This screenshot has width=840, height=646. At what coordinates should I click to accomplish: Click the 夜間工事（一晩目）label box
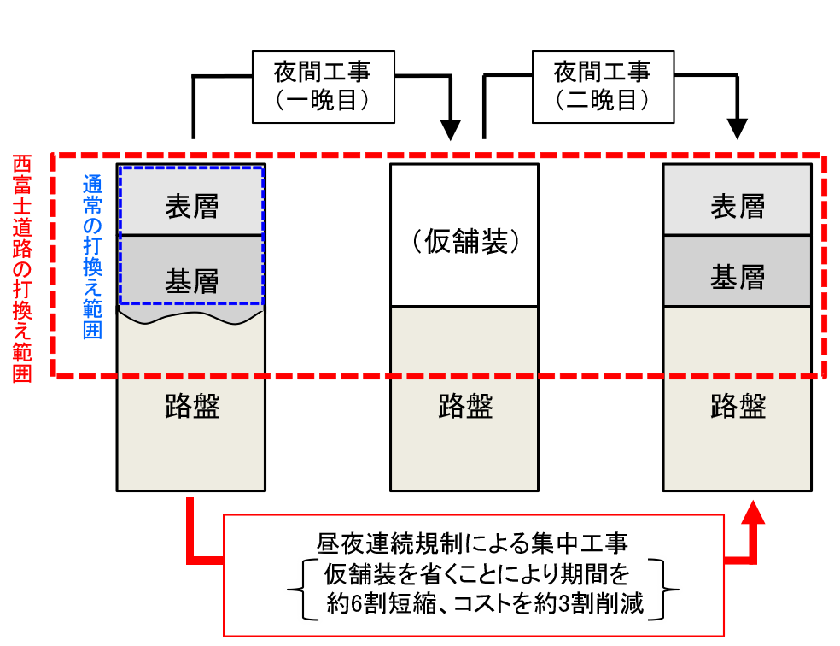[323, 85]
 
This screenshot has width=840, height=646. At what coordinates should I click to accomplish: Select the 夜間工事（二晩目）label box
[602, 85]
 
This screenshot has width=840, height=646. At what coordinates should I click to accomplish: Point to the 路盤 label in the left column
[191, 407]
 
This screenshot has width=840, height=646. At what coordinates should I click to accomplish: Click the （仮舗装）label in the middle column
[464, 244]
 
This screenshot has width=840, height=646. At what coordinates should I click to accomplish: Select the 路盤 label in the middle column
[464, 407]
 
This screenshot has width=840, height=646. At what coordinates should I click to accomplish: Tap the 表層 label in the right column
[738, 206]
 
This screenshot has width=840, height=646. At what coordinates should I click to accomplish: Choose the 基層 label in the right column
[738, 278]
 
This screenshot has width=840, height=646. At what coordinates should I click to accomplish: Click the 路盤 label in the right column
[738, 407]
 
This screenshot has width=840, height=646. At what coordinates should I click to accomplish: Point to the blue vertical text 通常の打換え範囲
[92, 256]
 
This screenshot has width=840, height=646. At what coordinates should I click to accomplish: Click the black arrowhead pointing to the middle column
[449, 129]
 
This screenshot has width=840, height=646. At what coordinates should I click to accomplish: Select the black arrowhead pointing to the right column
[738, 129]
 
